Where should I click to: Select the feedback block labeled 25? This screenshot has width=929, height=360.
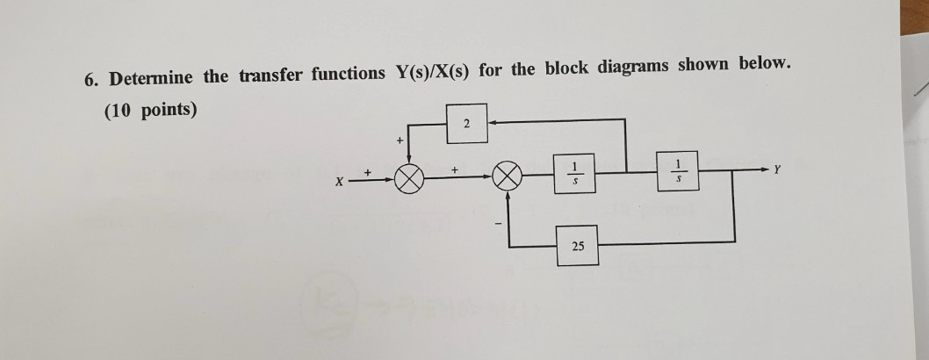click(577, 247)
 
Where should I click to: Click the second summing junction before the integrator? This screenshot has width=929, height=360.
click(507, 179)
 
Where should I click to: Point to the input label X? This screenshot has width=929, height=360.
click(338, 183)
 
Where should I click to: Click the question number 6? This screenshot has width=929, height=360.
click(90, 79)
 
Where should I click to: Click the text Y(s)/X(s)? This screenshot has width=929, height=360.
click(428, 72)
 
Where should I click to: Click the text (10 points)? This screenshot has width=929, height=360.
click(150, 111)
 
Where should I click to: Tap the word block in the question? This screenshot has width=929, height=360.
click(566, 68)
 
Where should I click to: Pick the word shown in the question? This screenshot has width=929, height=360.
click(706, 66)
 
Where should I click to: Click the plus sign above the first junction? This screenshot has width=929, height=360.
click(400, 140)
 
